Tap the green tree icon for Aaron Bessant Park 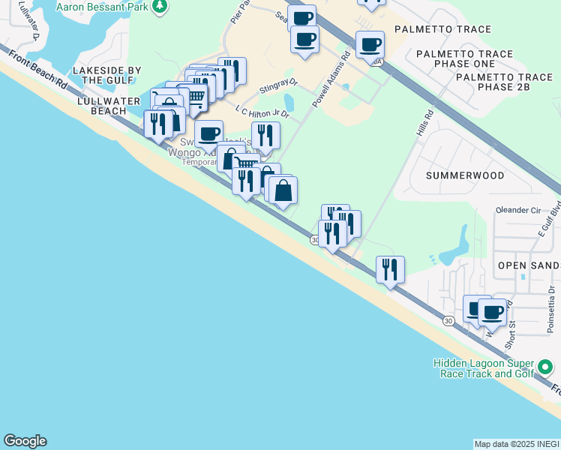(x=159, y=6)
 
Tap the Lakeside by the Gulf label (x=107, y=75)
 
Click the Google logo (x=25, y=441)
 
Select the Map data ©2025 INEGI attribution (x=516, y=444)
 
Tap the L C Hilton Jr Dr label (x=262, y=112)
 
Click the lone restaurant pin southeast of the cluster (x=390, y=270)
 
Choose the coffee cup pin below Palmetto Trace (x=370, y=45)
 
